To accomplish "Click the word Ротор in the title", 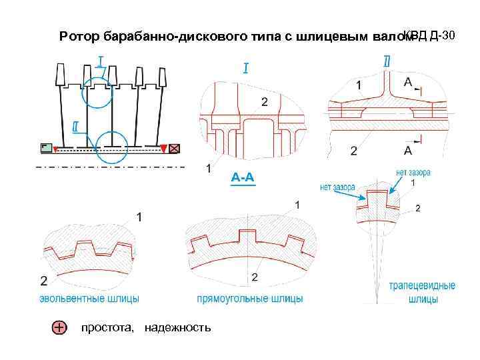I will coord(78,35).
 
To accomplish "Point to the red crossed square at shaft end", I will coord(176,148).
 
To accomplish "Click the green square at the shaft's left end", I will coord(45,148).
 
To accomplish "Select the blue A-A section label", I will coord(243,178).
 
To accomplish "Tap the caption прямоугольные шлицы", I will coord(249,299).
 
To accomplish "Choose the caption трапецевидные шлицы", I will coord(423,293).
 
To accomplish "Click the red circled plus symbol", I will coord(59,327).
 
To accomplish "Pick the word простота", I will coord(107,327).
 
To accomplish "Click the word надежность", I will coord(177,327).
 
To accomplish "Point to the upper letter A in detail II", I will coord(408,81).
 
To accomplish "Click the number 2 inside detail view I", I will coord(265,101).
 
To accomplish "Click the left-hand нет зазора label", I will coord(337,187).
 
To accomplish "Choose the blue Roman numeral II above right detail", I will coord(387,61).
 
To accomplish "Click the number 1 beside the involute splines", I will coord(139,217).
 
